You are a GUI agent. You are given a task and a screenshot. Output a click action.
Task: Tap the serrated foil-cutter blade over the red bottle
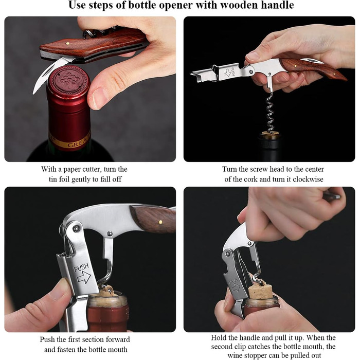click(49, 74)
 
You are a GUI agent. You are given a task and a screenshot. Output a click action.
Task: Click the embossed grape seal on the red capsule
click(69, 79)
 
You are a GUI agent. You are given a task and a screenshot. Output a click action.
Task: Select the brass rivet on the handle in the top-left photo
click(68, 43)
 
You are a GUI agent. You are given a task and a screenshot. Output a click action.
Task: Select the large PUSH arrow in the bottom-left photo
click(84, 277)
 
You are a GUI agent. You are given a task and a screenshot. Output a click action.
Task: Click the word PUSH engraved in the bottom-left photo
click(81, 268)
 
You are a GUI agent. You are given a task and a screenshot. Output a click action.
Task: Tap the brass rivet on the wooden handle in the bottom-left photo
click(160, 222)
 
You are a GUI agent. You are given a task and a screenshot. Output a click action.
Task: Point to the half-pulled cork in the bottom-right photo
click(260, 291)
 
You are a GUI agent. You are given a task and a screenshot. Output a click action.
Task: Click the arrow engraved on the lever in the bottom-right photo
click(236, 287)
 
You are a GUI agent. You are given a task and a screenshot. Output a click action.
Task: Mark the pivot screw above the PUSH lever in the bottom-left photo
click(75, 229)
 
